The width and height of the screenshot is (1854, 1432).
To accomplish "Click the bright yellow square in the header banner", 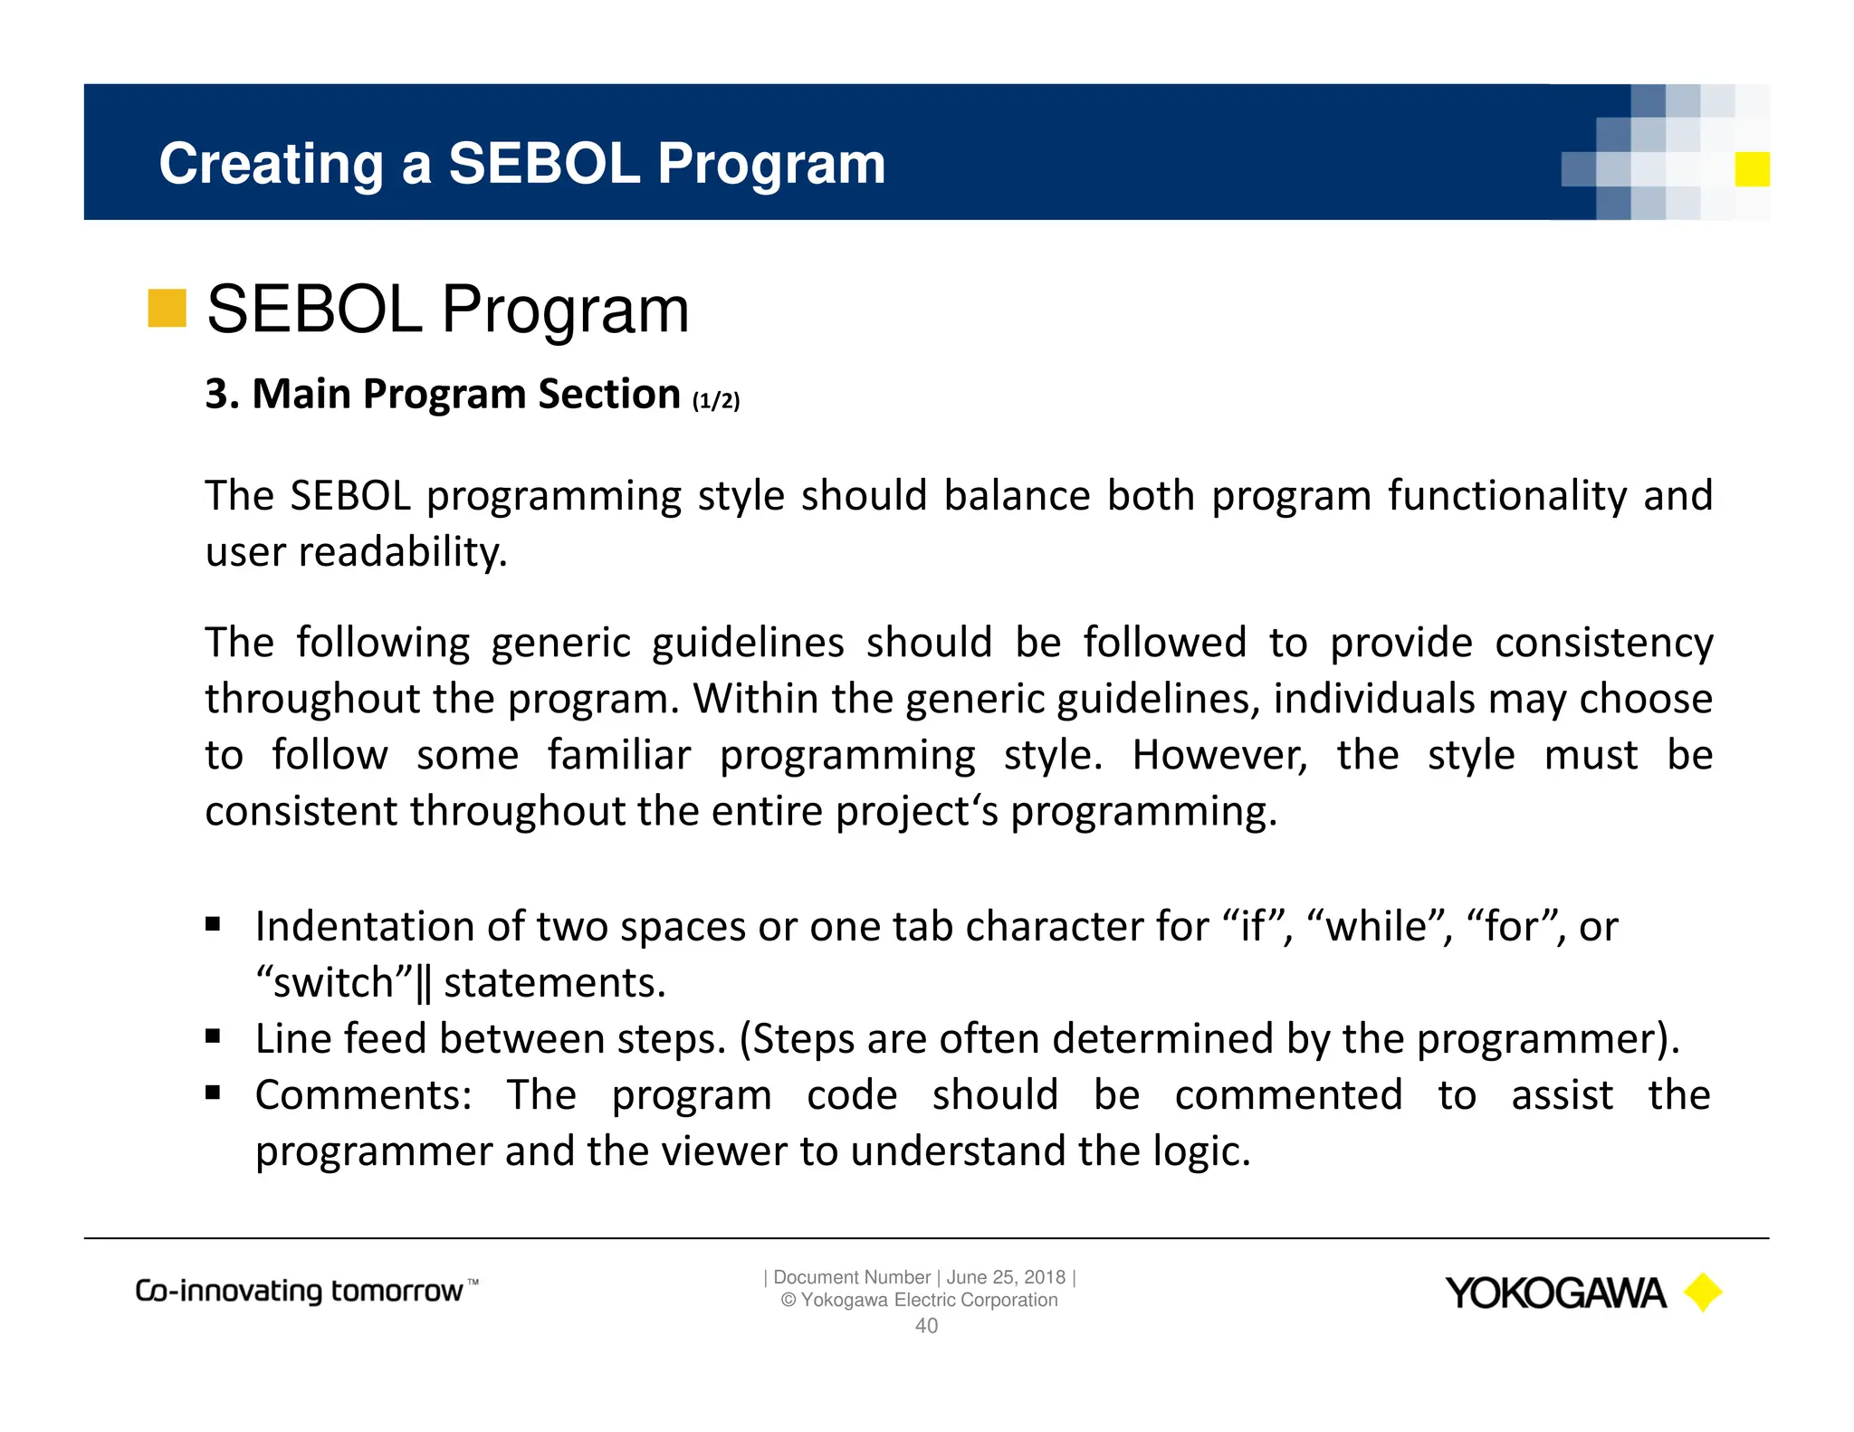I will tap(1752, 169).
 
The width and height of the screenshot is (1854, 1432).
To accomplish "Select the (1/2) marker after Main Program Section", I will tap(716, 400).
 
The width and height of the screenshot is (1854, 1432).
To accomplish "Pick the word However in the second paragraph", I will tap(1219, 755).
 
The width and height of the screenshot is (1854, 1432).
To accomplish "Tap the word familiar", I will tap(619, 755).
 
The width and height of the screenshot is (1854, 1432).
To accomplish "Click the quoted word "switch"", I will tap(334, 983).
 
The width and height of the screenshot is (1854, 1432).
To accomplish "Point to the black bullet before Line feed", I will tap(214, 1036).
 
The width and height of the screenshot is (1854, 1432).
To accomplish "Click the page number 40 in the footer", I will tap(926, 1326).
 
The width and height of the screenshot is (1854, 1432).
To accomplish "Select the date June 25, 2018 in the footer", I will tap(1006, 1277).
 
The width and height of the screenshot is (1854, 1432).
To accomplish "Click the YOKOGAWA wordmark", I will tap(1555, 1294).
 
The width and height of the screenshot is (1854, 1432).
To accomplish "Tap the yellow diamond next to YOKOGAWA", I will tap(1703, 1293).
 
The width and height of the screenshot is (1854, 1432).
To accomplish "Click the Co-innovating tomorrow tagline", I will tap(306, 1291).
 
